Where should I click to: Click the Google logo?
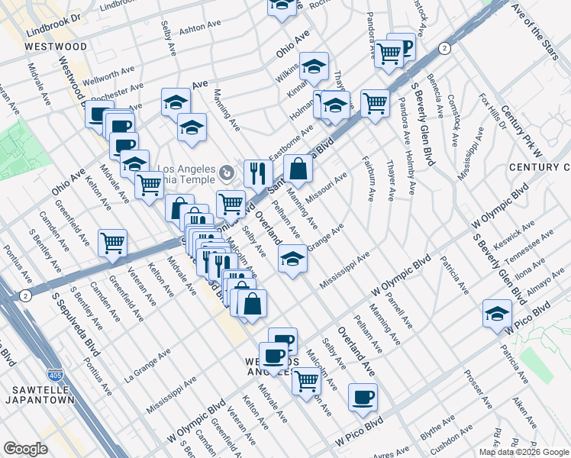pos(25,449)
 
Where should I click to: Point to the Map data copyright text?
pos(524,452)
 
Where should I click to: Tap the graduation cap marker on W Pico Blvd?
pos(497,313)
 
